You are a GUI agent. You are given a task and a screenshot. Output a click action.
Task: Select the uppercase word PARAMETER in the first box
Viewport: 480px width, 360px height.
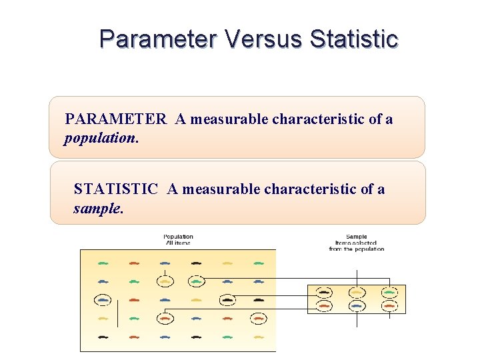[x=115, y=119]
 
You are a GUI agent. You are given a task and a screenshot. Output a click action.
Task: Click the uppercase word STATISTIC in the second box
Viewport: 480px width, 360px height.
[x=116, y=189]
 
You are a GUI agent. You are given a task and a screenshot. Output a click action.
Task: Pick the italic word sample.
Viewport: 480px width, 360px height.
[x=98, y=209]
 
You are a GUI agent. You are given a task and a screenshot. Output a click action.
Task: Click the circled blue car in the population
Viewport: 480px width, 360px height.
[x=103, y=300]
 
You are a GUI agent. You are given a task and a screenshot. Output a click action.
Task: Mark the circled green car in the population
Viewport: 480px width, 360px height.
[x=196, y=281]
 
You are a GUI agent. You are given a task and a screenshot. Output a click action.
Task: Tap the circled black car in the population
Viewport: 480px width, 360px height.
[x=227, y=300]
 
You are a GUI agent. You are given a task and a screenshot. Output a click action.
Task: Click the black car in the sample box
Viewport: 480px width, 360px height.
[x=324, y=292]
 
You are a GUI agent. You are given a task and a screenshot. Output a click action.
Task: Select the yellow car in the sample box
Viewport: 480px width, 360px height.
[x=357, y=292]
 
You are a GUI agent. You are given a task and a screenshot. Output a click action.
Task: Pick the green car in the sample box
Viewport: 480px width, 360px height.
[x=389, y=292]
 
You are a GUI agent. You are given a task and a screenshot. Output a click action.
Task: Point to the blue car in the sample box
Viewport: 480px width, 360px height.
[x=357, y=306]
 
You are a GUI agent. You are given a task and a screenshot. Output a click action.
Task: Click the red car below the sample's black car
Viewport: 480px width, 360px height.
[x=324, y=306]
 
